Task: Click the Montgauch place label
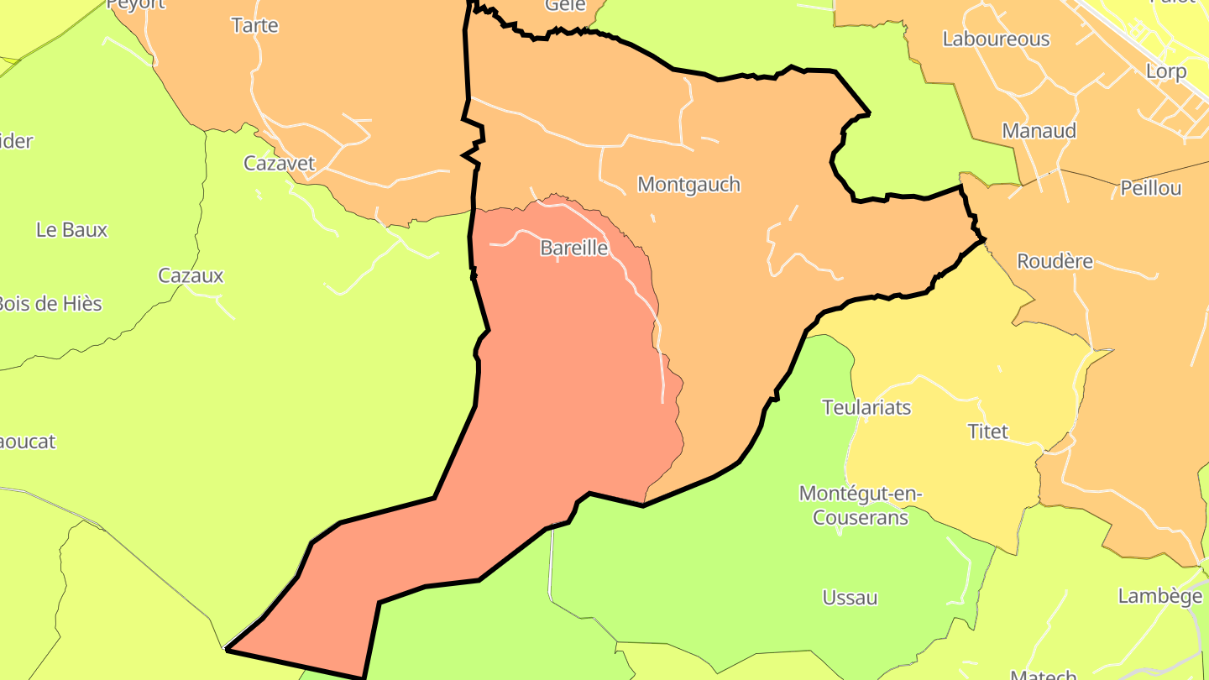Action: (x=688, y=184)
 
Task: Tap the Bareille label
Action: (x=574, y=248)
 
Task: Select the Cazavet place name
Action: (x=280, y=163)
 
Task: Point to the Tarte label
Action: (x=254, y=25)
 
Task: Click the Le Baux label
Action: (x=72, y=229)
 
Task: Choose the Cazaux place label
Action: (x=191, y=275)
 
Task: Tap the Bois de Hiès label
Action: (x=49, y=303)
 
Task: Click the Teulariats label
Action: (x=866, y=407)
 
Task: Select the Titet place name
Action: (x=987, y=432)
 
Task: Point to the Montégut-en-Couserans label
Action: (x=861, y=505)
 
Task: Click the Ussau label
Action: (x=850, y=598)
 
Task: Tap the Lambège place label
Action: (x=1159, y=596)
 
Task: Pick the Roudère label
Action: (x=1055, y=261)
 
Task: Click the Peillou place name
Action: (x=1150, y=188)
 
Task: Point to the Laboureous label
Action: (x=996, y=39)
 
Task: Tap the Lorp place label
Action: (x=1166, y=71)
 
